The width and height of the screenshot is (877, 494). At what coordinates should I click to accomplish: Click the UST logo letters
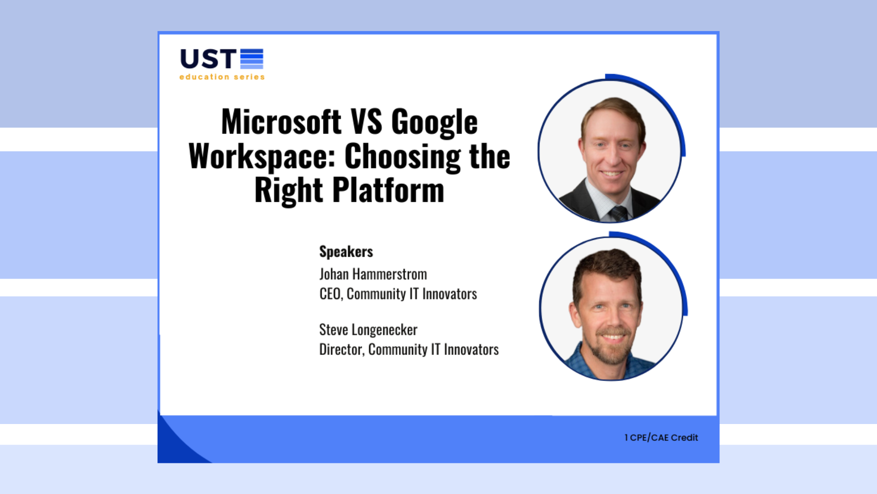(x=208, y=59)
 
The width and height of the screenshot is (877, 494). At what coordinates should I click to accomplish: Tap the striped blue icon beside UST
(x=252, y=59)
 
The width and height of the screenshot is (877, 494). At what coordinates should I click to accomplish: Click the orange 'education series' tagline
(x=222, y=77)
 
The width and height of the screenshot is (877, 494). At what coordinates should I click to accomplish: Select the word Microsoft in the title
(x=281, y=122)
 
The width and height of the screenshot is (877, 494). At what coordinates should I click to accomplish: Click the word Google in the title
(x=434, y=122)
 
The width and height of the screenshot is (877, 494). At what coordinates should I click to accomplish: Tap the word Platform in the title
(x=388, y=190)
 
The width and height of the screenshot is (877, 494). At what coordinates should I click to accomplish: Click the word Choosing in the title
(x=402, y=156)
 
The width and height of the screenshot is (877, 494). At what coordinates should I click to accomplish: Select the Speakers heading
(x=346, y=252)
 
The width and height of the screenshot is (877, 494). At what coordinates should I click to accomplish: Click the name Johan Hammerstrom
(x=373, y=274)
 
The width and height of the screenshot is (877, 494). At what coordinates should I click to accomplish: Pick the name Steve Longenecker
(x=368, y=330)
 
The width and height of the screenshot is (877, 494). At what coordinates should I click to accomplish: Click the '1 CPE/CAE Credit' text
(x=661, y=438)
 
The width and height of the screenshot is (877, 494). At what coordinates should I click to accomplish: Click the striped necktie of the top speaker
(x=619, y=213)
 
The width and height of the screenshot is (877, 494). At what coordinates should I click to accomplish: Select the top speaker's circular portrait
(x=610, y=151)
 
